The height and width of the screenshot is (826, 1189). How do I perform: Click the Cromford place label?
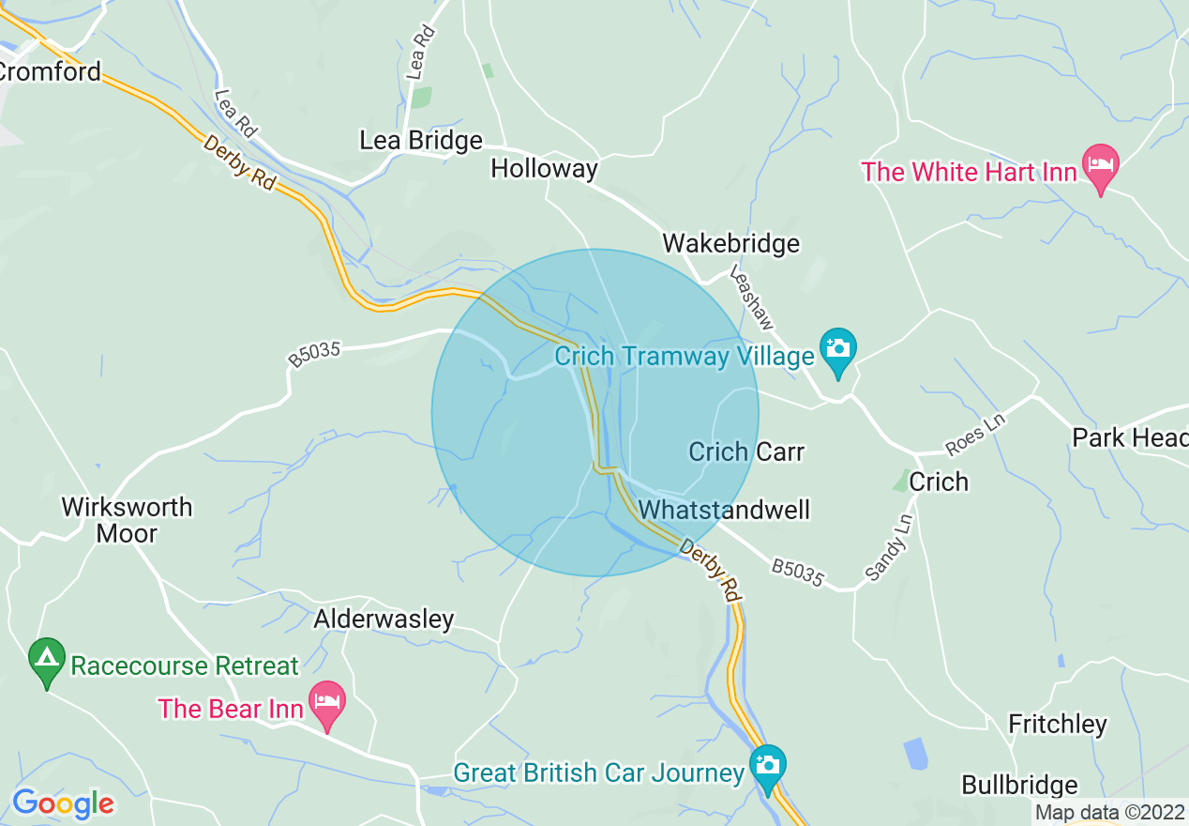pyautogui.click(x=50, y=72)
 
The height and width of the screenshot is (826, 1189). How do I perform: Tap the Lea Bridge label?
pyautogui.click(x=421, y=141)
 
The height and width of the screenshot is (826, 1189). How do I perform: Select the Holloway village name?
pyautogui.click(x=544, y=169)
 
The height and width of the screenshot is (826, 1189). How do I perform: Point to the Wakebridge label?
pyautogui.click(x=730, y=244)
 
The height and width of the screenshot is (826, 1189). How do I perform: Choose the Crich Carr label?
pyautogui.click(x=746, y=451)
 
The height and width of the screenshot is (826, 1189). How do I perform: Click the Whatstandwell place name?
pyautogui.click(x=724, y=510)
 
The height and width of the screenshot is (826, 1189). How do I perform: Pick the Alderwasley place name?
pyautogui.click(x=384, y=619)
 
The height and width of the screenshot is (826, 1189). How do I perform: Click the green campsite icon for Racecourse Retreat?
pyautogui.click(x=47, y=660)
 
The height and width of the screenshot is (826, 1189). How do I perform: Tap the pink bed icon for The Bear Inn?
pyautogui.click(x=327, y=703)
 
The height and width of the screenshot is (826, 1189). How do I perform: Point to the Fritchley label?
pyautogui.click(x=1058, y=725)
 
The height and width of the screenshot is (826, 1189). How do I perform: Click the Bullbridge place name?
pyautogui.click(x=1020, y=786)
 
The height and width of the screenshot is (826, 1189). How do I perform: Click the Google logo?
pyautogui.click(x=63, y=803)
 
